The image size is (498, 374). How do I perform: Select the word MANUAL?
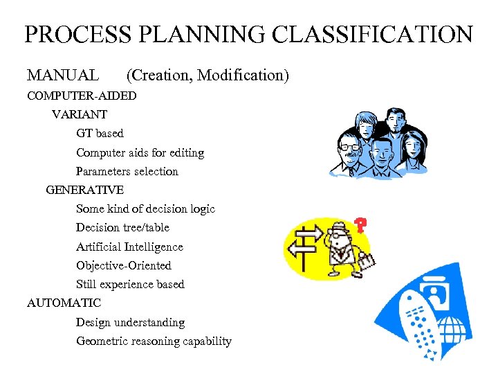[x=63, y=75]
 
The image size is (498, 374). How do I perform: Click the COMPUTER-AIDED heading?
[x=82, y=95]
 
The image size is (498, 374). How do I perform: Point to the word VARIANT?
[x=80, y=114]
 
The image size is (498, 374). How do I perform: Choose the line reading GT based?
[x=100, y=133]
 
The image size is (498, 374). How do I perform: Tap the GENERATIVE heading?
[x=85, y=190]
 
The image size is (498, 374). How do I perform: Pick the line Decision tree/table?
[x=122, y=227]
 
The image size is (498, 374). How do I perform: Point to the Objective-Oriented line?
[x=124, y=265]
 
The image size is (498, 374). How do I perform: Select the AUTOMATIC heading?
[x=64, y=303]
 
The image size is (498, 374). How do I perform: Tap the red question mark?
[x=360, y=224]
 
